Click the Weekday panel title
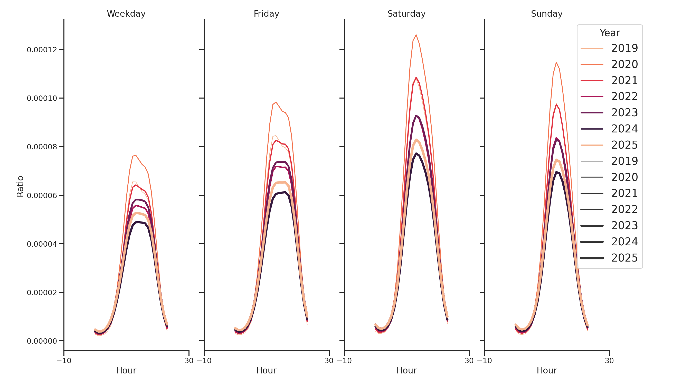point(126,14)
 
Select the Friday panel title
point(266,14)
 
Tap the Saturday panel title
point(406,14)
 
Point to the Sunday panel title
point(546,14)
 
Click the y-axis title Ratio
point(20,186)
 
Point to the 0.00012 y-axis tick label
point(42,50)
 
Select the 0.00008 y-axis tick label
point(42,147)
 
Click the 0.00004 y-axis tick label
point(42,244)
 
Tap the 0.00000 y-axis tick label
point(42,341)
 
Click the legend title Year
point(609,33)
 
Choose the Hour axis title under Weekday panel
point(126,370)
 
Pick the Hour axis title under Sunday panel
point(546,370)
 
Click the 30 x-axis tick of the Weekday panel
point(189,361)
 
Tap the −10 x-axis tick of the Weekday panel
point(64,361)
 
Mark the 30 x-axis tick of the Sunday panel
point(609,361)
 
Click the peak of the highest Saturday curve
point(416,35)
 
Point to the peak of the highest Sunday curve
point(556,62)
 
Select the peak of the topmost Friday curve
point(276,102)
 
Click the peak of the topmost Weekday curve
point(136,155)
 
